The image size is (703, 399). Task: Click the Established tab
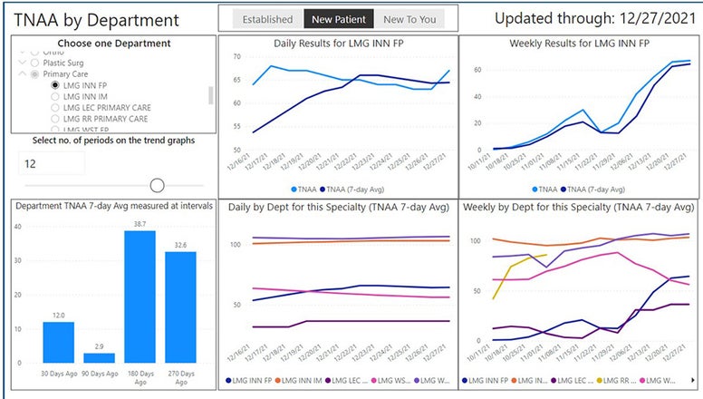tap(267, 19)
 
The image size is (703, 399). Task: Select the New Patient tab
tap(335, 19)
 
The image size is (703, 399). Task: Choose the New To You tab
tap(409, 19)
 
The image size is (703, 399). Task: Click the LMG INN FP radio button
tap(56, 85)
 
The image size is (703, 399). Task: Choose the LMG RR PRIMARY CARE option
tap(56, 119)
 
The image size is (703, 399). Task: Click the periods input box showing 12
tap(52, 163)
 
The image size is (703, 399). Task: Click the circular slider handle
tap(157, 185)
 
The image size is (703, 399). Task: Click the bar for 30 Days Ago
tap(58, 342)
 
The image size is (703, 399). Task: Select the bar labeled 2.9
tap(99, 357)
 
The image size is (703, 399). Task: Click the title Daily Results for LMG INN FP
tap(337, 44)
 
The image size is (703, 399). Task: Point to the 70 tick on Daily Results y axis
tap(236, 56)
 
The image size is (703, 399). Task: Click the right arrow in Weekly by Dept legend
tap(693, 380)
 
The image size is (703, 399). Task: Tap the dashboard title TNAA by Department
tap(97, 20)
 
